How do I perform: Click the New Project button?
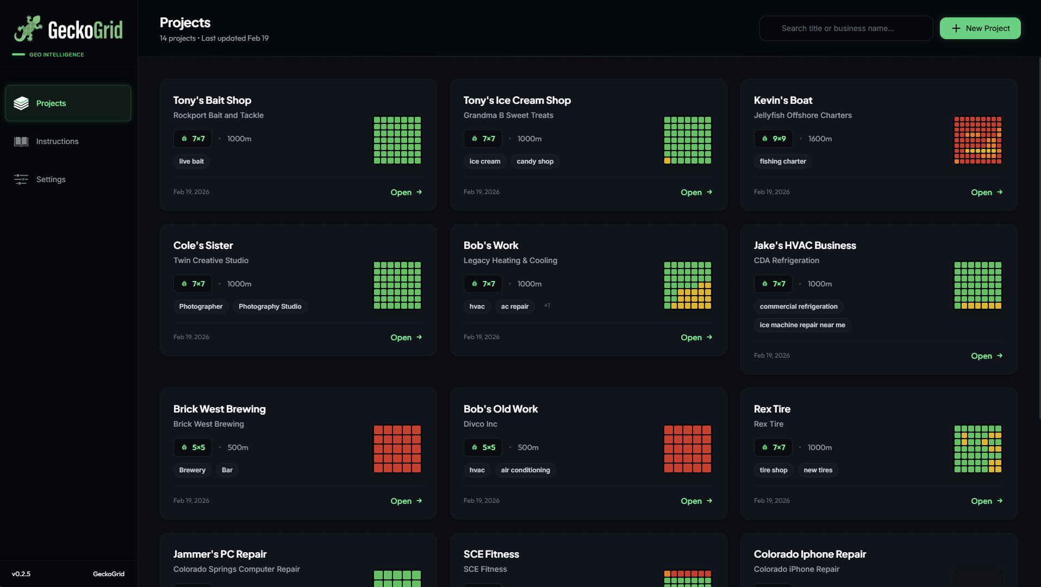tap(980, 28)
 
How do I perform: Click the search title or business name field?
tap(845, 28)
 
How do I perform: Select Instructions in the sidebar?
tap(57, 141)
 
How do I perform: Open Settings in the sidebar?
tap(51, 179)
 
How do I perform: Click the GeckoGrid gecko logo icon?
tap(28, 29)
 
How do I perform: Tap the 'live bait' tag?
tap(191, 161)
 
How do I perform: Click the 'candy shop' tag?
tap(534, 161)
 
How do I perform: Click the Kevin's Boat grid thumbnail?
tap(977, 140)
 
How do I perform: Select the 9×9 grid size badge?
tap(773, 139)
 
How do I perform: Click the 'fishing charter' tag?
tap(782, 161)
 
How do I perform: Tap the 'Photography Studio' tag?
tap(270, 307)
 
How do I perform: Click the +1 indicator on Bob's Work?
tap(547, 305)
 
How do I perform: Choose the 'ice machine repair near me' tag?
tap(802, 325)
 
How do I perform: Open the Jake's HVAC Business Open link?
tap(986, 356)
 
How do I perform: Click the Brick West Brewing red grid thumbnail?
tap(397, 449)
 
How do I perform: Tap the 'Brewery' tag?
tap(192, 470)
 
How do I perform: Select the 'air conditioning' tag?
tap(525, 470)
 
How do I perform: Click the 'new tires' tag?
tap(818, 470)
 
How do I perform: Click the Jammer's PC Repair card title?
tap(220, 554)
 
